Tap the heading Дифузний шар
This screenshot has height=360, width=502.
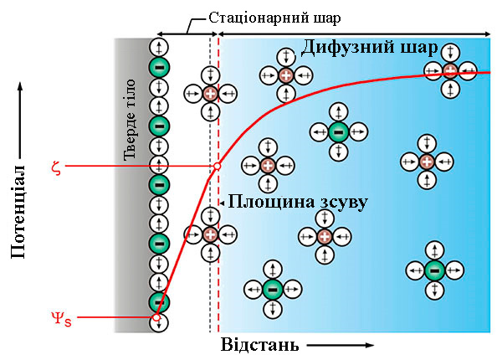point(369,48)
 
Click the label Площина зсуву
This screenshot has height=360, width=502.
point(298,202)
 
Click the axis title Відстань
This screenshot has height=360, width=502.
point(259,344)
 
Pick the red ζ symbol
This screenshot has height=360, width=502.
point(56,167)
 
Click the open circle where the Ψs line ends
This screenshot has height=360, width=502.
point(156,318)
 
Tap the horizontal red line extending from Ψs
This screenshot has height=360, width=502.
point(109,318)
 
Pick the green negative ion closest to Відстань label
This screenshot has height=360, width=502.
point(271,290)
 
